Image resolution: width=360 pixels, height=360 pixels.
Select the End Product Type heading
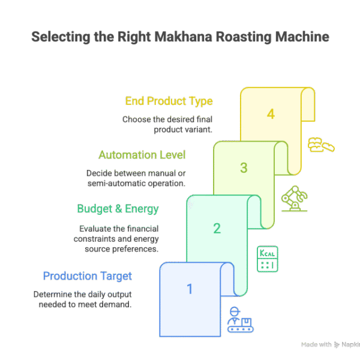click(x=169, y=101)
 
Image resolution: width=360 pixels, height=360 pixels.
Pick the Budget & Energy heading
click(x=118, y=209)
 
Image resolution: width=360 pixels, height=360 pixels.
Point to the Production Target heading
click(x=88, y=276)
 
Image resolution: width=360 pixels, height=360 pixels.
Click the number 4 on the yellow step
click(x=271, y=114)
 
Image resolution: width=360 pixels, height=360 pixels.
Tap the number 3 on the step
click(x=244, y=167)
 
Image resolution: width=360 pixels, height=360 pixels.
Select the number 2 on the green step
click(x=217, y=227)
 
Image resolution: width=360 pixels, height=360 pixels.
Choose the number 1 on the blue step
click(x=190, y=289)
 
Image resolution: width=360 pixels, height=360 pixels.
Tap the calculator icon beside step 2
click(x=267, y=259)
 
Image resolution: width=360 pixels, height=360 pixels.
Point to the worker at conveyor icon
click(x=240, y=320)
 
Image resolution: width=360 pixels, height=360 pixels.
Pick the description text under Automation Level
click(x=136, y=178)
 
